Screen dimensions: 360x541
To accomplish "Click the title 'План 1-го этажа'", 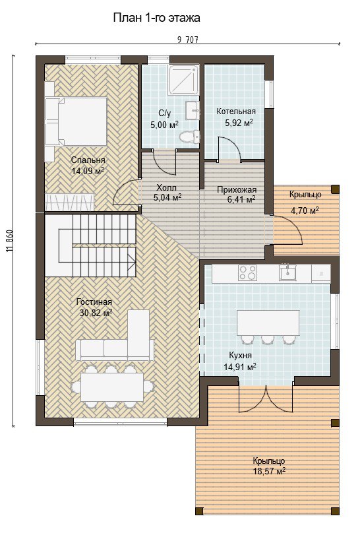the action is (156, 18).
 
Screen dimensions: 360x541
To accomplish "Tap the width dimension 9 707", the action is (188, 40).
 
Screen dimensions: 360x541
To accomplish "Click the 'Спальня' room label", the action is (88, 160).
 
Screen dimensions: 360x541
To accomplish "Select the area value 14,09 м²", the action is (88, 171).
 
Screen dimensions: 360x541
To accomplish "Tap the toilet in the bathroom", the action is (190, 137).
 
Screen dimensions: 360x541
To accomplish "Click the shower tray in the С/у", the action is (184, 80).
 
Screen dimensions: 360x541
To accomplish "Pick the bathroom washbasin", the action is (193, 110).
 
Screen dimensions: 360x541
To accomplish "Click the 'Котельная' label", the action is (236, 111).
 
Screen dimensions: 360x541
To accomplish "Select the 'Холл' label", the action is (167, 187).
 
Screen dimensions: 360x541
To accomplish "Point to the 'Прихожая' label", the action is (237, 190).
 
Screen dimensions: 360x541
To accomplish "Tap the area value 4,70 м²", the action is (305, 210).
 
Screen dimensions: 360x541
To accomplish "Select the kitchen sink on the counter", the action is (288, 272).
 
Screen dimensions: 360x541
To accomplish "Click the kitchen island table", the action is (268, 323).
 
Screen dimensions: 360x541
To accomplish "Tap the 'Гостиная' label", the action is (94, 302).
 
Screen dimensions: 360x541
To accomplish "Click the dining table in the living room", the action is (112, 387).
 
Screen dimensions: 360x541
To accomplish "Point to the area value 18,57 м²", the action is (269, 471).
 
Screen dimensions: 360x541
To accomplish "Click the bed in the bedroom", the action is (76, 121).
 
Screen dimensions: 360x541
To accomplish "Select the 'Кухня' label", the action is (241, 356).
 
